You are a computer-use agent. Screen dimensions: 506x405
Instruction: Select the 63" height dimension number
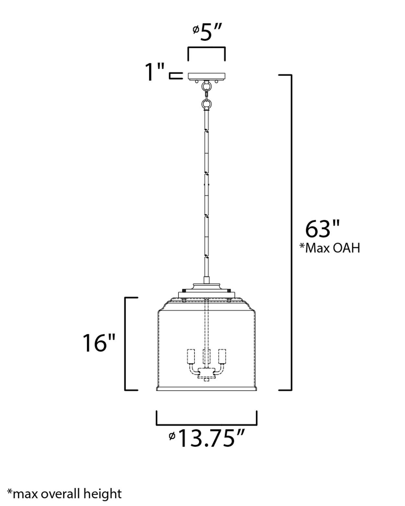point(322,229)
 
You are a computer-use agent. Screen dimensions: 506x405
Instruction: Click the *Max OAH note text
point(330,248)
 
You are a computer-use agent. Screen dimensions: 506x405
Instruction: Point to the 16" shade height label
point(99,343)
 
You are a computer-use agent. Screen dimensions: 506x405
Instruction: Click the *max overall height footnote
point(65,494)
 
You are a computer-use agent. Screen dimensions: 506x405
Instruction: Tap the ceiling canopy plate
point(206,76)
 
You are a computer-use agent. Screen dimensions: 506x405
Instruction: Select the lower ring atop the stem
point(206,104)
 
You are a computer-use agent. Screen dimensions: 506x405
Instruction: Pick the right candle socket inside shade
point(222,356)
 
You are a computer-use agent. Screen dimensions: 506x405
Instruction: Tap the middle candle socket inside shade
point(206,356)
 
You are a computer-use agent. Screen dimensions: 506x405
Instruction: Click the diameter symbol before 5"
point(195,30)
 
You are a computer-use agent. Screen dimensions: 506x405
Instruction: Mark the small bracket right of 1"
point(175,76)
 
